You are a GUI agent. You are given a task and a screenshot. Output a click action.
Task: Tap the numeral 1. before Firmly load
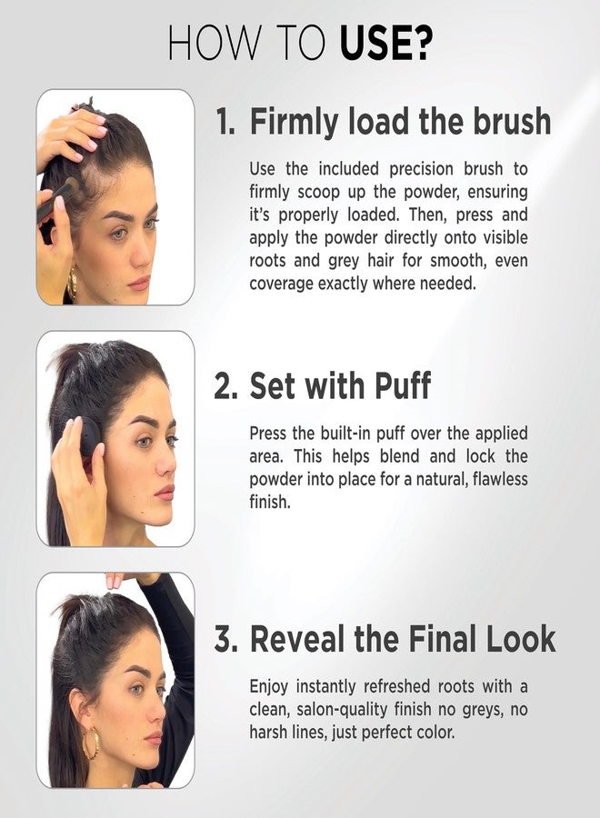coord(225,121)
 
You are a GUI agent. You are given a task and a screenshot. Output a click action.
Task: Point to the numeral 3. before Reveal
coord(226,639)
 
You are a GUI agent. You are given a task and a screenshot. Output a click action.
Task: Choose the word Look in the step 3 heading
coord(520,639)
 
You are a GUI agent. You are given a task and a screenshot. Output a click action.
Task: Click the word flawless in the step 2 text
coord(500,479)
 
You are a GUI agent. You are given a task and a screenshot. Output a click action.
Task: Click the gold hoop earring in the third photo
coord(91,743)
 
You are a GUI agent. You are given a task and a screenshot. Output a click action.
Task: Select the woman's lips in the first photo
coord(141,284)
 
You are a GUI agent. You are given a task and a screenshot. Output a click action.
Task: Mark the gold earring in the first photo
coord(73,284)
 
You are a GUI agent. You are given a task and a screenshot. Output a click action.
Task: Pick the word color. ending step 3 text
coord(435,733)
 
